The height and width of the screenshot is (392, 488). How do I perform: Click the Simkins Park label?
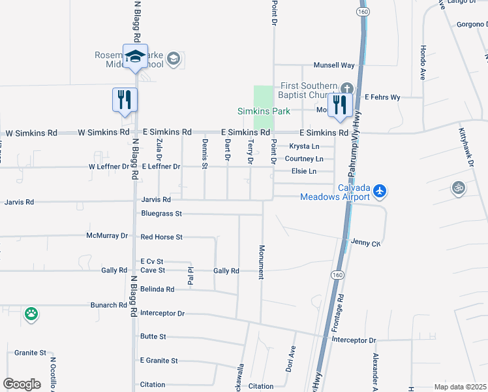264,111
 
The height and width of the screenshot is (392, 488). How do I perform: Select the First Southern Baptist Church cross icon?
347,88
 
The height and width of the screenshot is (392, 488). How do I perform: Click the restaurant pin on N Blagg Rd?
125,100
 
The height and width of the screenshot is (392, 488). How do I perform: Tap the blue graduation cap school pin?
135,57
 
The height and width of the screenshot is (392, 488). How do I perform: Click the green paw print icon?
31,314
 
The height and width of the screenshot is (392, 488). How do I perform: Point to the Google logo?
22,384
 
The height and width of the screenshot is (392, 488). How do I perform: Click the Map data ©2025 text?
461,387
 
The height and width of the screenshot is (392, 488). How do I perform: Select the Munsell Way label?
334,65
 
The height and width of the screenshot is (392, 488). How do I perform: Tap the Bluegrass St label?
161,214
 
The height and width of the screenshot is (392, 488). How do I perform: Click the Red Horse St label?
161,237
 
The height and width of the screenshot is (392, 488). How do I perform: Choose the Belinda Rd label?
157,289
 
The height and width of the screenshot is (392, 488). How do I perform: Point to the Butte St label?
153,336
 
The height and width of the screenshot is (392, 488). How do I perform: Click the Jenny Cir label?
365,242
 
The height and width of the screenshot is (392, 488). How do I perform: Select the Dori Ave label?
291,359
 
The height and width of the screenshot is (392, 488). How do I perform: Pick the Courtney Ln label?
304,159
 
